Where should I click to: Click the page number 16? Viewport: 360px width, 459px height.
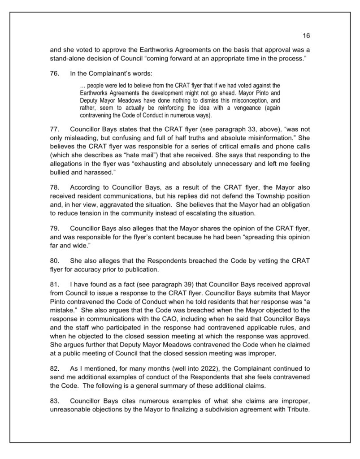pyautogui.click(x=307, y=36)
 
